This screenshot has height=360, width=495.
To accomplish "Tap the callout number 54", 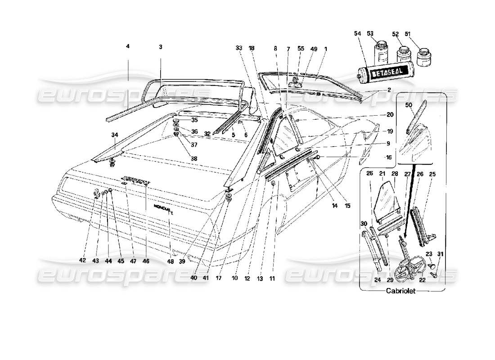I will pos(357,34).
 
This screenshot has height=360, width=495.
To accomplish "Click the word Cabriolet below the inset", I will pos(400,291).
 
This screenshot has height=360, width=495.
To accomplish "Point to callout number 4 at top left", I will pos(128,46).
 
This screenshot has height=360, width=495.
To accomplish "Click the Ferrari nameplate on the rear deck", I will pos(135,180).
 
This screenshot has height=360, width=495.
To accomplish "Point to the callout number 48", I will pos(170,260).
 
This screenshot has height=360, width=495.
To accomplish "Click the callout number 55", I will pos(301,48).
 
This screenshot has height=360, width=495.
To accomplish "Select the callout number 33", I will pos(239,48).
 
